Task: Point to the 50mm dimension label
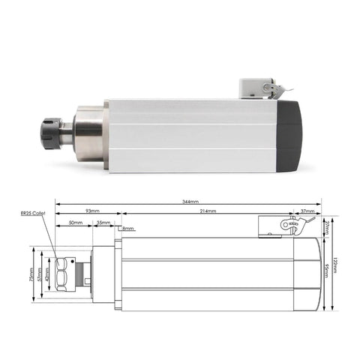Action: (75, 223)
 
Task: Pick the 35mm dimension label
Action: (103, 223)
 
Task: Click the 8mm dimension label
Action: (127, 228)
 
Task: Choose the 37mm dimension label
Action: (307, 212)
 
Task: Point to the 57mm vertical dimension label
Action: (40, 274)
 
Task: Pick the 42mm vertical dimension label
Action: (49, 274)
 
